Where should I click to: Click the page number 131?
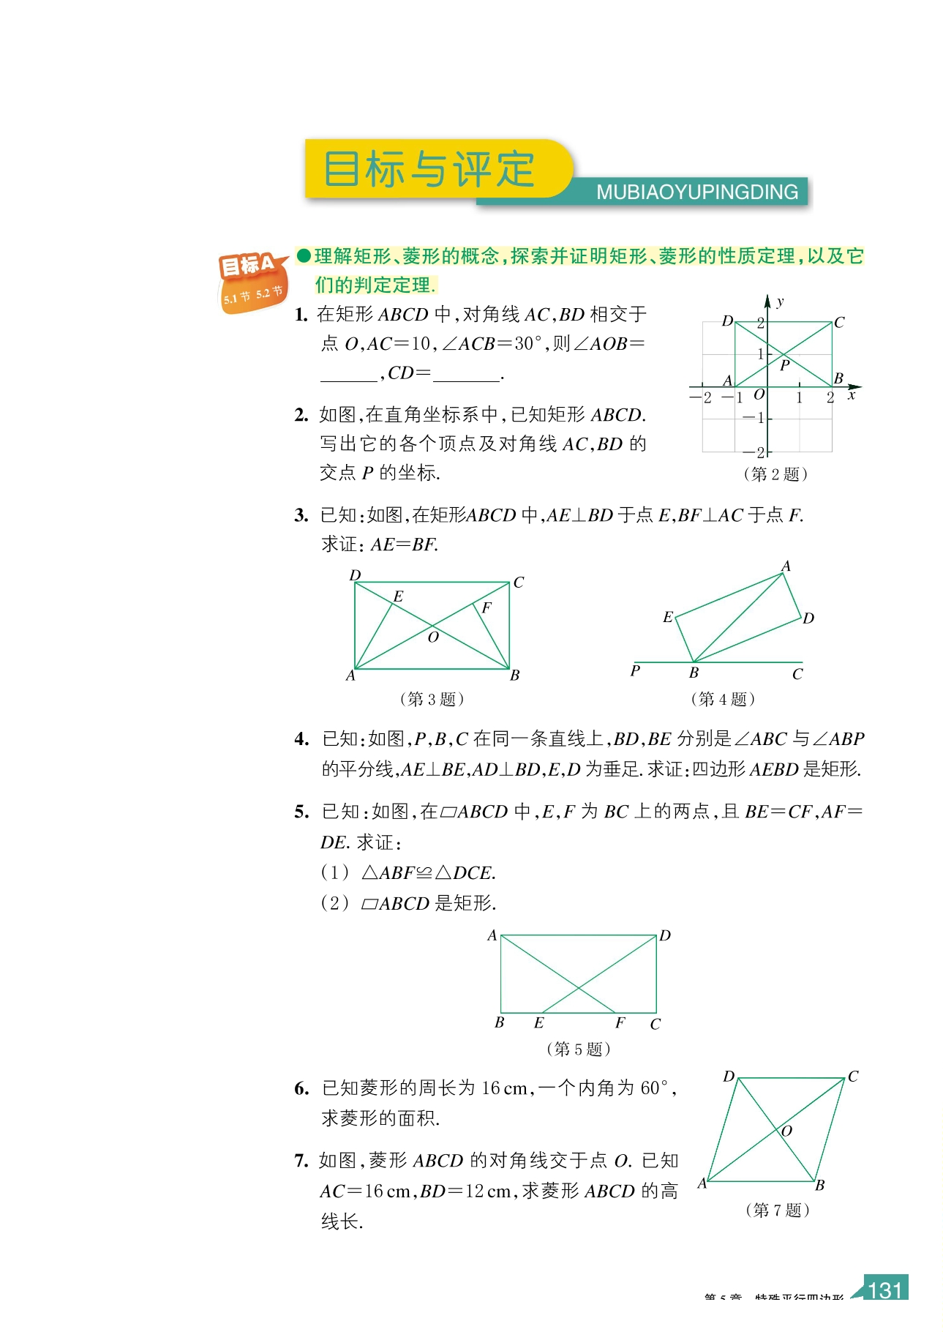coord(885,1290)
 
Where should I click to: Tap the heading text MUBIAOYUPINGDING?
coord(696,192)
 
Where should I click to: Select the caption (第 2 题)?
coord(775,474)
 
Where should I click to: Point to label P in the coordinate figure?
coord(785,365)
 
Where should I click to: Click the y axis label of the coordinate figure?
coord(780,302)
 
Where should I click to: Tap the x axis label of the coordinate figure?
coord(851,395)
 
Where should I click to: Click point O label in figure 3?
coord(433,637)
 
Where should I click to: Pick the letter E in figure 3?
coord(398,597)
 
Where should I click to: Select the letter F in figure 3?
coord(486,608)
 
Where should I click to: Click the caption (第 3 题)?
coord(432,699)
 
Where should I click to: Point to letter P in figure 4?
coord(635,670)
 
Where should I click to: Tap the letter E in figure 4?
coord(667,618)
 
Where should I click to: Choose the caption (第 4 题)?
coord(723,699)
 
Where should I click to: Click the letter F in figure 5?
coord(620,1022)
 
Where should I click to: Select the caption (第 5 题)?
coord(578,1049)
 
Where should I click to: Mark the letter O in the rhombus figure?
coord(787,1131)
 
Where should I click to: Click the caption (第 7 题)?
coord(777,1210)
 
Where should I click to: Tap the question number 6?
coord(301,1089)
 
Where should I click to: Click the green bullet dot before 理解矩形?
coord(304,255)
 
